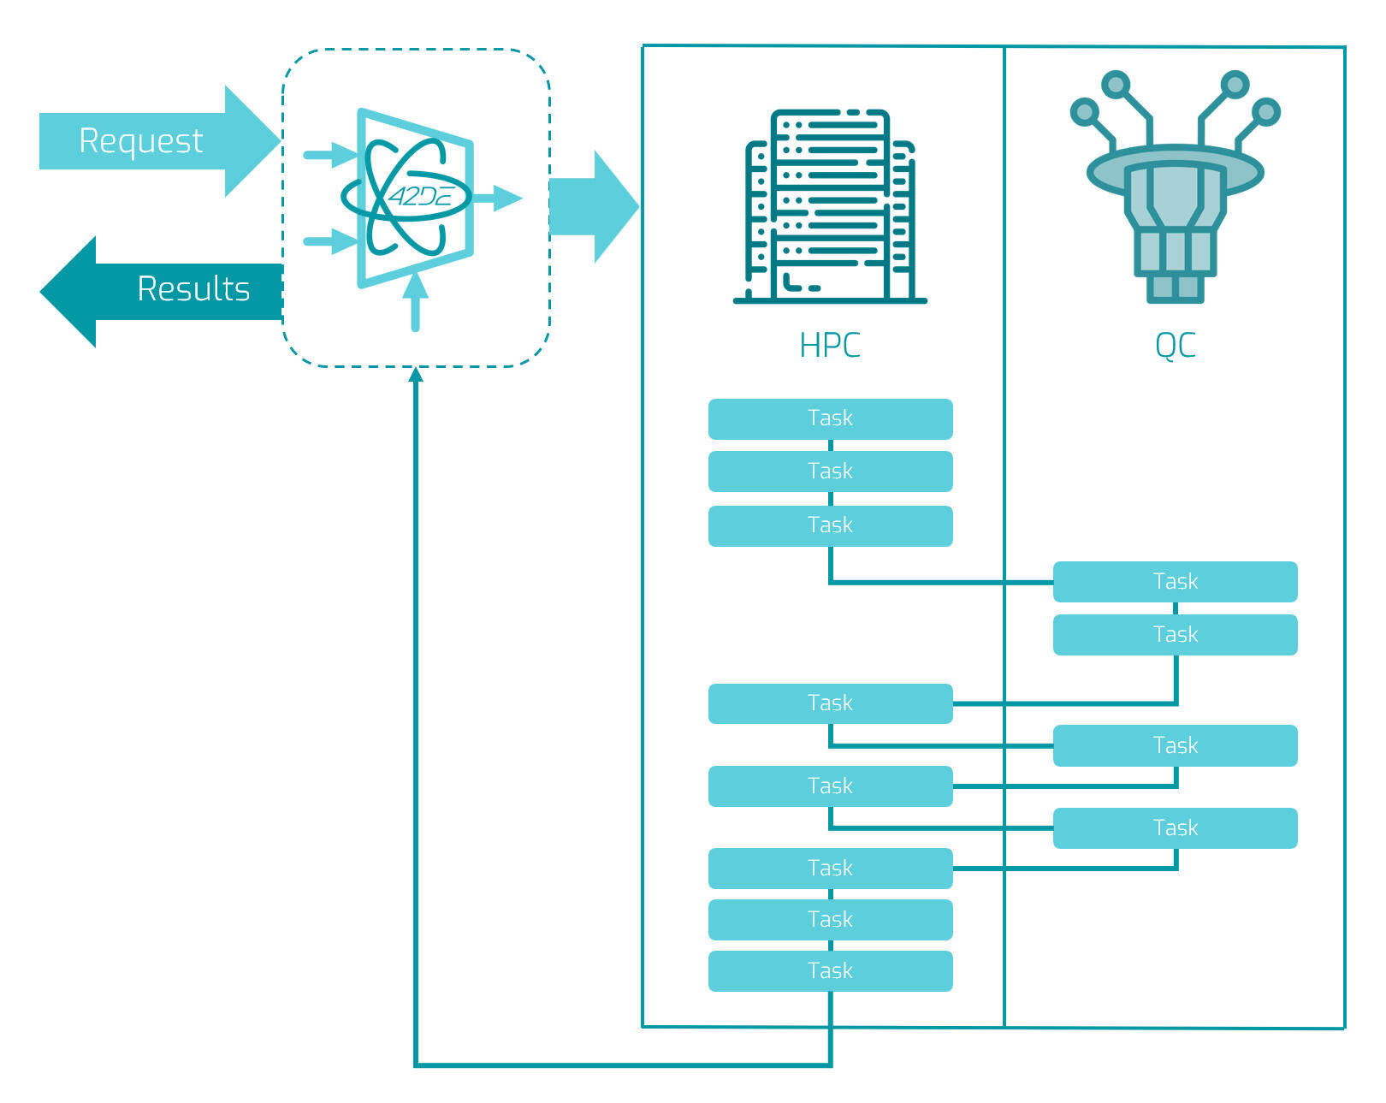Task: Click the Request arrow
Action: [x=145, y=141]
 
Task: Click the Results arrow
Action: [x=171, y=291]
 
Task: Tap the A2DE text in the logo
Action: [x=419, y=198]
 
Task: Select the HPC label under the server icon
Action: [x=829, y=346]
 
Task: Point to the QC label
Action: [x=1175, y=346]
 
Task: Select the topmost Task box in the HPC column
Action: [x=830, y=418]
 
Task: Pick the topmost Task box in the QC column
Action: [x=1175, y=582]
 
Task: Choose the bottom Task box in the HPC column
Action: [x=830, y=971]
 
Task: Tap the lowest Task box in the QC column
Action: [x=1175, y=828]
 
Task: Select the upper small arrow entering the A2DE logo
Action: [x=330, y=155]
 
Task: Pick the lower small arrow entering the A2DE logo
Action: [x=330, y=241]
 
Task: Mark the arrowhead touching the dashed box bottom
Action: [x=416, y=374]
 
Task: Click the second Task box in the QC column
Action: [x=1175, y=635]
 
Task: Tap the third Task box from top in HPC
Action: [x=830, y=525]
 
